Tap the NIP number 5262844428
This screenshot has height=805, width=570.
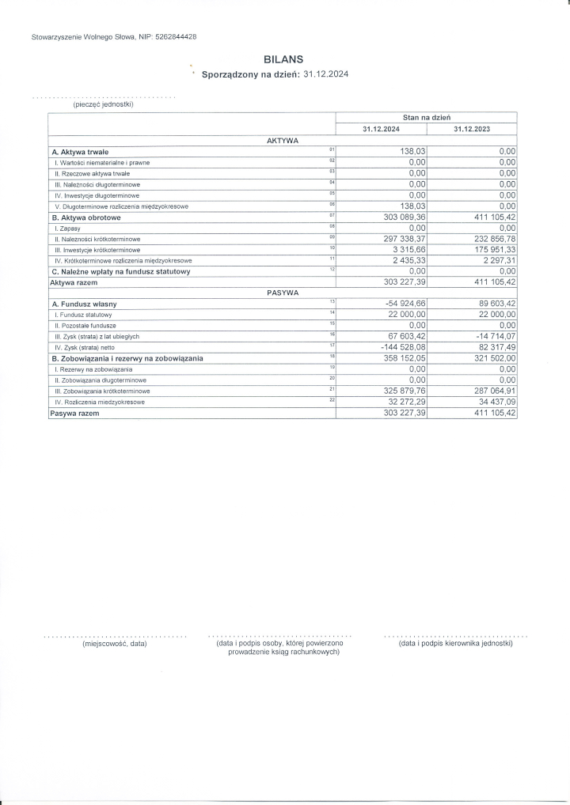point(172,37)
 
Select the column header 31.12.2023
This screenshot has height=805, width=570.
point(471,129)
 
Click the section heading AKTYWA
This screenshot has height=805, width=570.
point(282,140)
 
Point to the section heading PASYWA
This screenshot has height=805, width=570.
point(282,293)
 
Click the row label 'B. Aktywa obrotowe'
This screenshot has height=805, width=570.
point(86,217)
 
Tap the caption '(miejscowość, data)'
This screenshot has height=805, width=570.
point(115,644)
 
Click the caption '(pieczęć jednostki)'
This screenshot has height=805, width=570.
point(103,104)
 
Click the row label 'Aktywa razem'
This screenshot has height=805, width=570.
point(74,282)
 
